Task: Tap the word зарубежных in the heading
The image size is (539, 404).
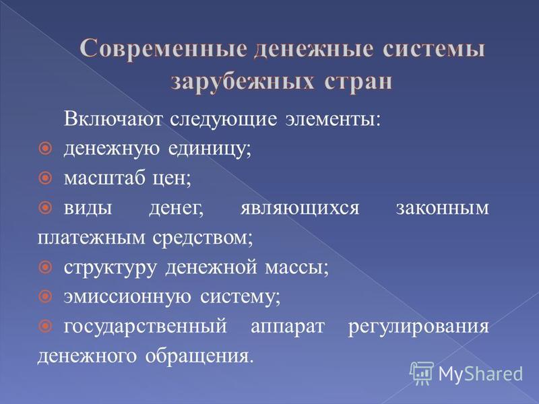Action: tap(243, 82)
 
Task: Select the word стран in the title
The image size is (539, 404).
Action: tap(358, 82)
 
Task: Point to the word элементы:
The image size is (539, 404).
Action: tap(333, 120)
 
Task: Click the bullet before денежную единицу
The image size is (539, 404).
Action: tap(45, 149)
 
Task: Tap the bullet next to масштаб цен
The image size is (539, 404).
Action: tap(45, 178)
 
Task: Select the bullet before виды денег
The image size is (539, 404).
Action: tap(45, 207)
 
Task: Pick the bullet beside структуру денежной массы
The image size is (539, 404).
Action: tap(45, 267)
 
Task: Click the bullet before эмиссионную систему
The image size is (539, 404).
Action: tap(45, 296)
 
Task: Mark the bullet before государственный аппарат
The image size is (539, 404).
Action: tap(45, 325)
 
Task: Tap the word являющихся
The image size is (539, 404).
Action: tap(299, 209)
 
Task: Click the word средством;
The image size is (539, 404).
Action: tap(203, 238)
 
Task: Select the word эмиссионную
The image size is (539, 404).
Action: tap(127, 297)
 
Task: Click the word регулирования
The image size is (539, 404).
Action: tap(418, 327)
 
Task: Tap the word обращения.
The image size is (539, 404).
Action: tap(199, 356)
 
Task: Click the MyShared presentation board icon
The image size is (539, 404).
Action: tap(422, 373)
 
